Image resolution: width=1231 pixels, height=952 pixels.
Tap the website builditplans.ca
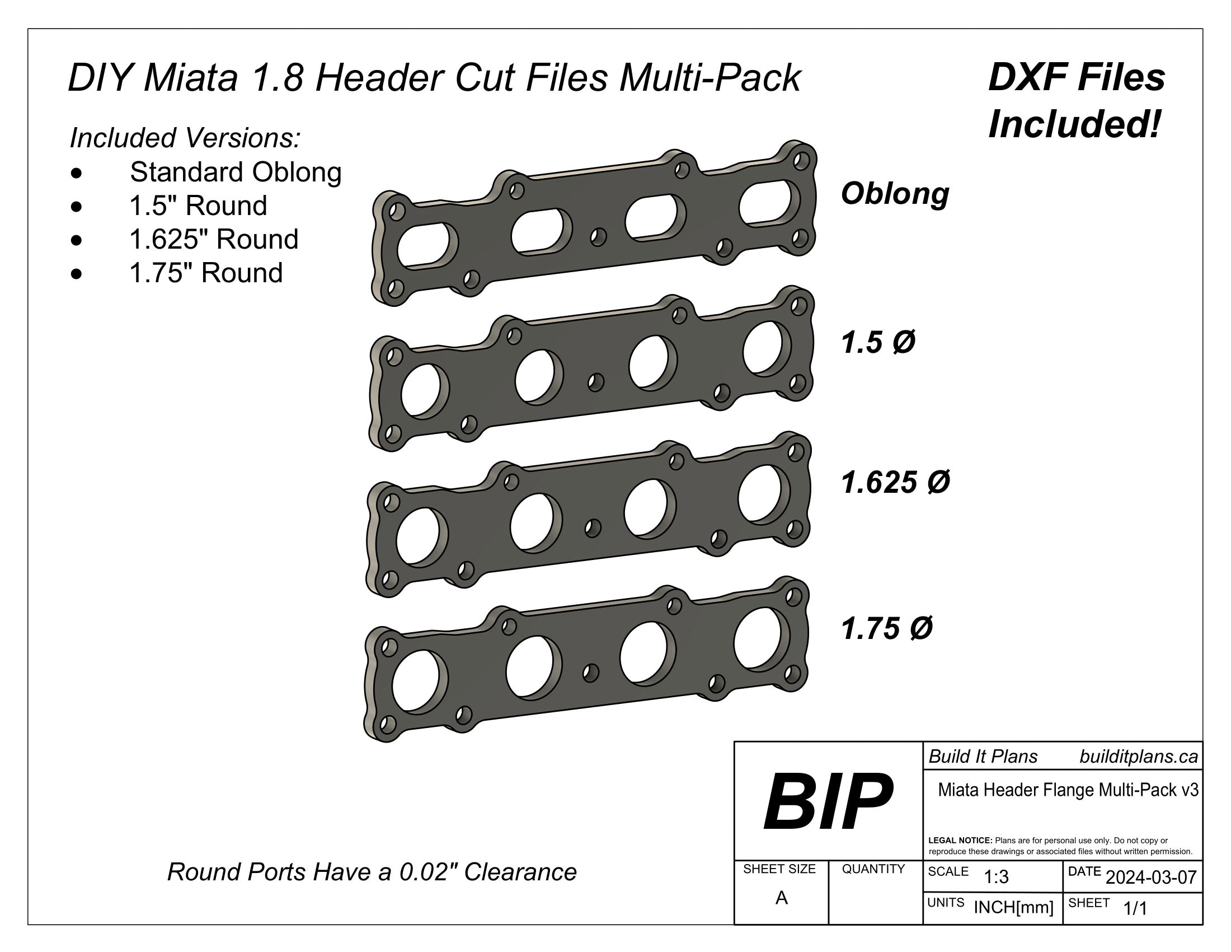(x=1138, y=757)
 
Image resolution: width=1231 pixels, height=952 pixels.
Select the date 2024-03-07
(x=1150, y=877)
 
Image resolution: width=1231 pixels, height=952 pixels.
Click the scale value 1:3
(x=996, y=877)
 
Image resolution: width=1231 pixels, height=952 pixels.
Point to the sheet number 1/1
(x=1135, y=908)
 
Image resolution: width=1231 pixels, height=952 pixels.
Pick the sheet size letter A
(x=781, y=897)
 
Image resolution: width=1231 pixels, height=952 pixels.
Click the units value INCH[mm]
(x=1013, y=907)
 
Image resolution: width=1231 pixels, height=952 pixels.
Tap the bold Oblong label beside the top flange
(x=895, y=193)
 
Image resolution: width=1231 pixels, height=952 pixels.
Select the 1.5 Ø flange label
(x=877, y=342)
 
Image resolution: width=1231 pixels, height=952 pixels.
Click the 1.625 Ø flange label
(x=895, y=483)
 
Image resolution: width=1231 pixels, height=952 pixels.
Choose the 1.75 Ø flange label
(x=886, y=628)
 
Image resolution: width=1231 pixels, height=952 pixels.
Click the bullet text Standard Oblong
(x=236, y=172)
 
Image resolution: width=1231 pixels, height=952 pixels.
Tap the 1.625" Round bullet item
(x=214, y=239)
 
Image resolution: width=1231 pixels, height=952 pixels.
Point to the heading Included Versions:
(x=185, y=138)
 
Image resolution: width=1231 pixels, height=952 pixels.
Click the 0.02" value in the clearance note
(x=428, y=872)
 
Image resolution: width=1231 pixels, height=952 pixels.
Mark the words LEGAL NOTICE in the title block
(x=960, y=841)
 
